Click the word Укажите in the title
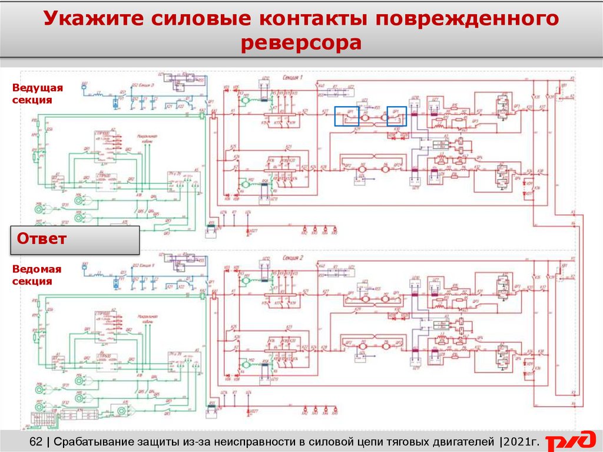(97, 19)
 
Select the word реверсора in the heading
(301, 44)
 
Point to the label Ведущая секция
(37, 94)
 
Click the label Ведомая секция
(37, 275)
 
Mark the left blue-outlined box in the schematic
(347, 116)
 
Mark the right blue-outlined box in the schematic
(396, 116)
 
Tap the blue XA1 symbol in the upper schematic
(85, 85)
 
